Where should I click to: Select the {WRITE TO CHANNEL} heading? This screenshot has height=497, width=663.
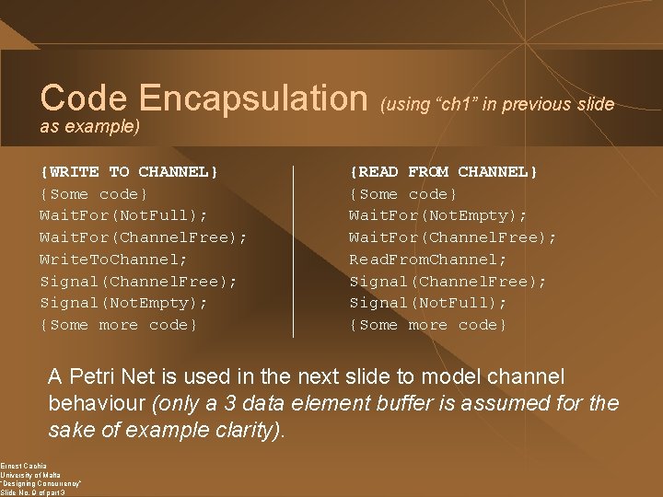pyautogui.click(x=129, y=172)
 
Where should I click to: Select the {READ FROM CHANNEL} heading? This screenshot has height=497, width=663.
pyautogui.click(x=443, y=172)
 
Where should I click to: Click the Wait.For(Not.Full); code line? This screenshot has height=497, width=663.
pyautogui.click(x=123, y=215)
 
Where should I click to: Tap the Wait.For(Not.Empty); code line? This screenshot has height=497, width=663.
pyautogui.click(x=437, y=215)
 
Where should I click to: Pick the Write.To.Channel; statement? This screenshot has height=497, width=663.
pyautogui.click(x=113, y=260)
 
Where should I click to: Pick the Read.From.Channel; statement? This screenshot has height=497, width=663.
pyautogui.click(x=427, y=260)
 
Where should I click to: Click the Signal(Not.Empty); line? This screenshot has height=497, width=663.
pyautogui.click(x=123, y=303)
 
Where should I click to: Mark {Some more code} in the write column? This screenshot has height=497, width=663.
pyautogui.click(x=118, y=325)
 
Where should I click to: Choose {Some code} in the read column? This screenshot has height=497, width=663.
pyautogui.click(x=402, y=194)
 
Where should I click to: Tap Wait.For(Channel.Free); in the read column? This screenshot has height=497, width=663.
pyautogui.click(x=452, y=237)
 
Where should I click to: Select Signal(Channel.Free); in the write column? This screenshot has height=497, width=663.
pyautogui.click(x=138, y=282)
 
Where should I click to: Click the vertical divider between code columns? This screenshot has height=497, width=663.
pyautogui.click(x=293, y=250)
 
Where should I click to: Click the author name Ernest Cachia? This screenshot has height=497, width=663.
pyautogui.click(x=23, y=466)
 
